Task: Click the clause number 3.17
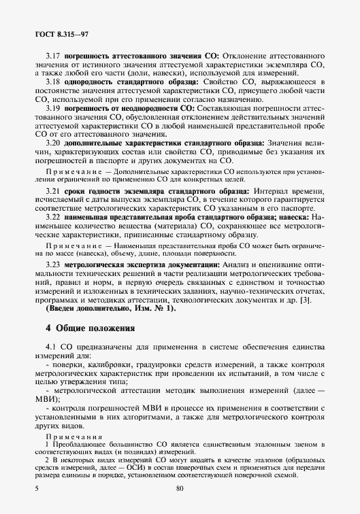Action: pyautogui.click(x=53, y=54)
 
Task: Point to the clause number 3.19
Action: pyautogui.click(x=53, y=108)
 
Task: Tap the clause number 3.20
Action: pyautogui.click(x=53, y=143)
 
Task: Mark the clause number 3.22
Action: pyautogui.click(x=53, y=217)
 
